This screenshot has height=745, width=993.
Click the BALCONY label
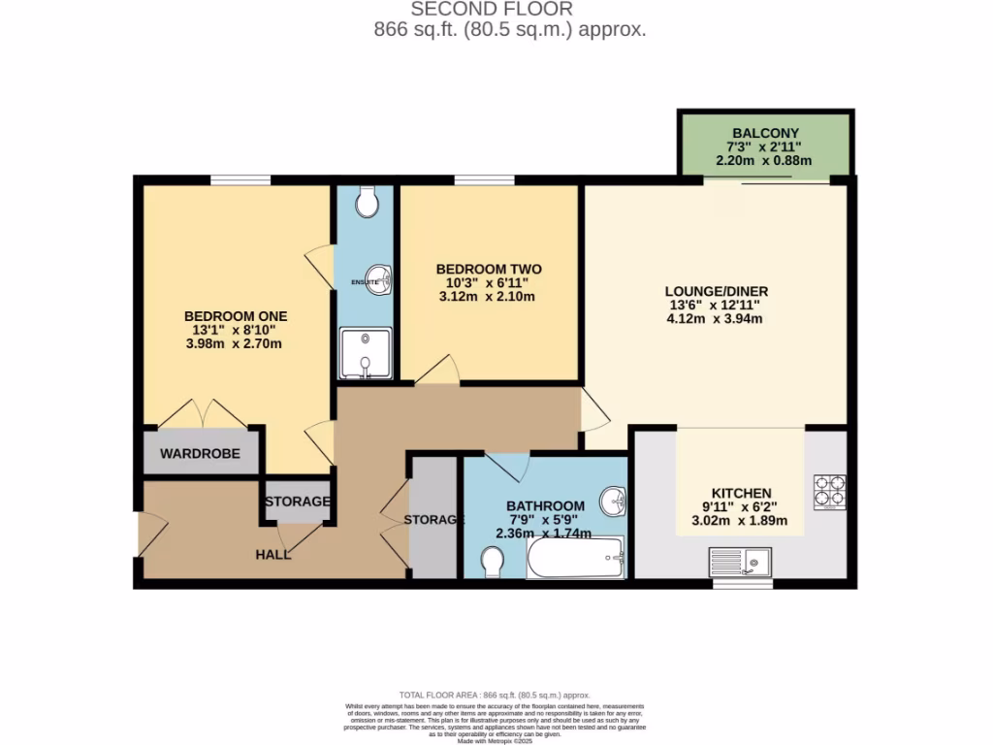[x=766, y=133]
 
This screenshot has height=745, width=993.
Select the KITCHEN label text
[x=741, y=493]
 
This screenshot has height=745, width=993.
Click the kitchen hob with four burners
[x=830, y=491]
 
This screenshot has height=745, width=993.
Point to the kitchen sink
[x=740, y=562]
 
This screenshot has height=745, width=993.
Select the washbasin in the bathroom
[x=613, y=502]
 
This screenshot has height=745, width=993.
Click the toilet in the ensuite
[x=367, y=202]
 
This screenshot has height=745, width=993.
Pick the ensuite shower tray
[x=366, y=353]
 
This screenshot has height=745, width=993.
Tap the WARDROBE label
[x=200, y=453]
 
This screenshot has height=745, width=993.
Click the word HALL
[x=273, y=554]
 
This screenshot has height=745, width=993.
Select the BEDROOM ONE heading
[x=236, y=316]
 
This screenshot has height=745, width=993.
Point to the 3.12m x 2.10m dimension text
[x=488, y=297]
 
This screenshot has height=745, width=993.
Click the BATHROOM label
[x=545, y=505]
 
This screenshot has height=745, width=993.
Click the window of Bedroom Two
[x=484, y=179]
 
